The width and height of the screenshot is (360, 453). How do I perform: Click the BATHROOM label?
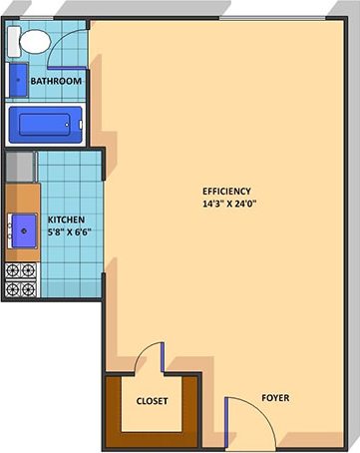pyautogui.click(x=56, y=81)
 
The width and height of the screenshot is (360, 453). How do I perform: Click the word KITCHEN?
pyautogui.click(x=65, y=220)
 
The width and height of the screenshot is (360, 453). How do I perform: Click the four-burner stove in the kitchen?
pyautogui.click(x=20, y=279)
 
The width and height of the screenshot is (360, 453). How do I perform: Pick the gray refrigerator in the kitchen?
pyautogui.click(x=20, y=165)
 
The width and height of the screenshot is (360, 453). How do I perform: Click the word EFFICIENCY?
pyautogui.click(x=226, y=191)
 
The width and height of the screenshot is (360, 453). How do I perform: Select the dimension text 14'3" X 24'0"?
pyautogui.click(x=227, y=205)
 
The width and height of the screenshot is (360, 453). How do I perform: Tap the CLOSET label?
pyautogui.click(x=152, y=401)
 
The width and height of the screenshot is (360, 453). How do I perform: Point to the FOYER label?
pyautogui.click(x=275, y=397)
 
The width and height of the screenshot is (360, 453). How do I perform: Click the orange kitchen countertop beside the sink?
pyautogui.click(x=22, y=196)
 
